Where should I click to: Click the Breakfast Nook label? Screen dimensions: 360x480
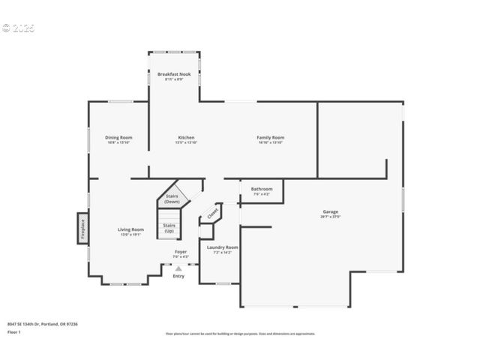[174, 74]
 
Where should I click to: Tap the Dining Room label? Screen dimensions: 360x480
[118, 138]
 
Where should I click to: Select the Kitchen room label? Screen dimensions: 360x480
[186, 138]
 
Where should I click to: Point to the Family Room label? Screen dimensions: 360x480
[271, 138]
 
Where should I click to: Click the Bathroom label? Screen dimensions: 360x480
[262, 189]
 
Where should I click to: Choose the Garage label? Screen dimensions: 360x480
[331, 211]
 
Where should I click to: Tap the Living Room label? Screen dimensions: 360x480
[130, 229]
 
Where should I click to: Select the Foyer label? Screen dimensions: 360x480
[181, 251]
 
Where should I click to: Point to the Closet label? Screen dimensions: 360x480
[213, 213]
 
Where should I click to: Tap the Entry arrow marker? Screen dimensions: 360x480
[178, 268]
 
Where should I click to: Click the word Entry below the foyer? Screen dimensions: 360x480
[178, 276]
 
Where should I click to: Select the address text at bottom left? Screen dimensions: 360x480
[43, 323]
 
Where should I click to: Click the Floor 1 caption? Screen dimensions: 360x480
[14, 331]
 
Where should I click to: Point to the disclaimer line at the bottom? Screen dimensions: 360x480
[240, 334]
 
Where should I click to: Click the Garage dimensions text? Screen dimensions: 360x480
[331, 217]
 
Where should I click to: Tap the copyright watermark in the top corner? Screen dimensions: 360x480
[18, 28]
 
